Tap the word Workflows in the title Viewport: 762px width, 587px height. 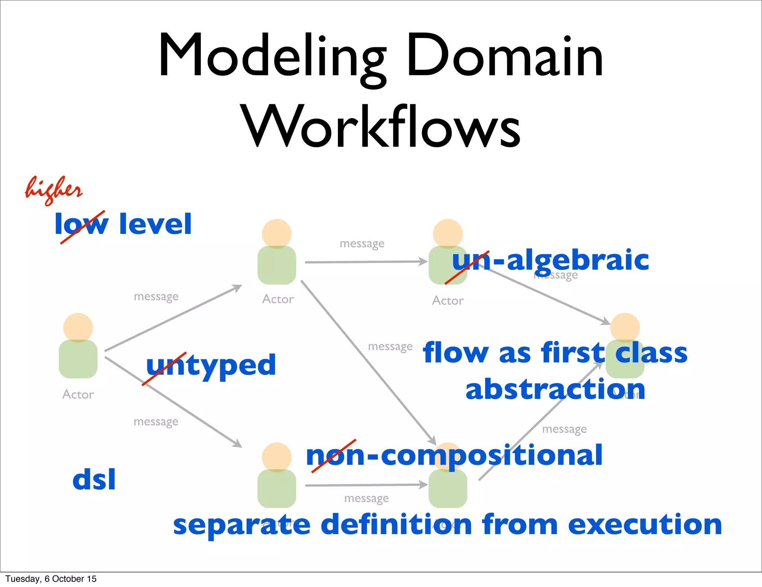point(381,127)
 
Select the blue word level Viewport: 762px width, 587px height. point(156,224)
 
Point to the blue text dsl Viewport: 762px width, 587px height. point(94,480)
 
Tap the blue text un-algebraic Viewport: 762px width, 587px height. point(551,260)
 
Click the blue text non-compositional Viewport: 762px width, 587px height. point(454,455)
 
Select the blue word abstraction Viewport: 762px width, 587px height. point(555,389)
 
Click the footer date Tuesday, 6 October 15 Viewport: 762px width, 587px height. point(51,579)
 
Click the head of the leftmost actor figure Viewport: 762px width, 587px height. point(78,327)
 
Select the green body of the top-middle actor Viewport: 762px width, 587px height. point(277,265)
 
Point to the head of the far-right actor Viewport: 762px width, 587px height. point(625,326)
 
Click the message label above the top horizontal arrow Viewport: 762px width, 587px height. point(362,244)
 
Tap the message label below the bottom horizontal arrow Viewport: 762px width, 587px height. point(366,498)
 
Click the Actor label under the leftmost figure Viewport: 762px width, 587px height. point(78,394)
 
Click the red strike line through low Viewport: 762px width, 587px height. point(83,227)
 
